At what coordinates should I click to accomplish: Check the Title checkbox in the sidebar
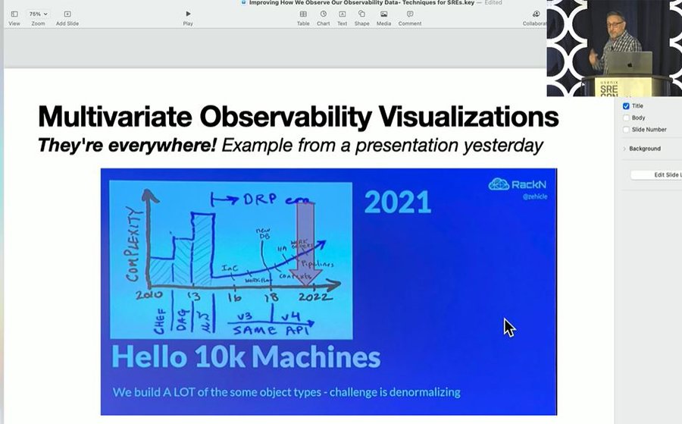pos(626,106)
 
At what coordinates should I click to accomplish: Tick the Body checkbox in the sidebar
pos(626,118)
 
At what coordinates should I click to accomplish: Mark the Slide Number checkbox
pos(626,130)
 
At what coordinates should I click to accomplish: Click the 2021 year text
pos(398,203)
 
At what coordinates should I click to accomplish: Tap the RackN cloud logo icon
pos(499,184)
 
